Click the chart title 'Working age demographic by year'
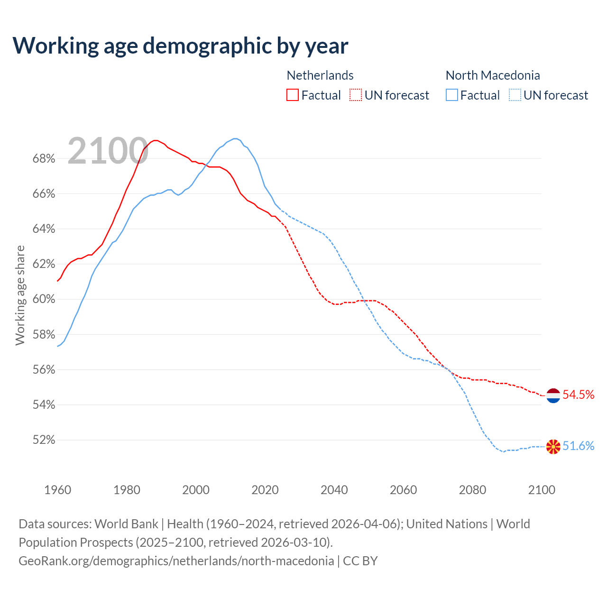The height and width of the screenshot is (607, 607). [180, 46]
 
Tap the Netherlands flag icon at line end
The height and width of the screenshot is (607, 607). [553, 395]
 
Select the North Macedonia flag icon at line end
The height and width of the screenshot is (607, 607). [553, 446]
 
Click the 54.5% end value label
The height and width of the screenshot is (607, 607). [578, 395]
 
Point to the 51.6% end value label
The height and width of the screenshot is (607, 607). [578, 446]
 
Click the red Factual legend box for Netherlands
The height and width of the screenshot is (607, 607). [293, 95]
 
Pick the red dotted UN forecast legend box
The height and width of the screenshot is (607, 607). [356, 95]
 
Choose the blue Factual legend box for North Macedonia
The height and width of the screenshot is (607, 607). [452, 95]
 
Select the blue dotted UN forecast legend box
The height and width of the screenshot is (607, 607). [515, 95]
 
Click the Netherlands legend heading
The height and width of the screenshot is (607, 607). [320, 75]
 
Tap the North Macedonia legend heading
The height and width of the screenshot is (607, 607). [493, 75]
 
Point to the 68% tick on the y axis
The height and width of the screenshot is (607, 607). [44, 159]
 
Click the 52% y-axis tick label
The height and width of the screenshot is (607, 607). [44, 440]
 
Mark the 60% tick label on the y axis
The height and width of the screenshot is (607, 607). [44, 299]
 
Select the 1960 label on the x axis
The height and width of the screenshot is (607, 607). [57, 490]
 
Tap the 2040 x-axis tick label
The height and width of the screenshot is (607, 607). [334, 490]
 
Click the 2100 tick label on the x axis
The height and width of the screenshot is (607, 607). [541, 490]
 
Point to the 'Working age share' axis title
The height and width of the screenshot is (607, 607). [20, 295]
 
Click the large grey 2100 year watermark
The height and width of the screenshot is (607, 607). [108, 151]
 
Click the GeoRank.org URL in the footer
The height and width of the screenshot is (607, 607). [176, 561]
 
